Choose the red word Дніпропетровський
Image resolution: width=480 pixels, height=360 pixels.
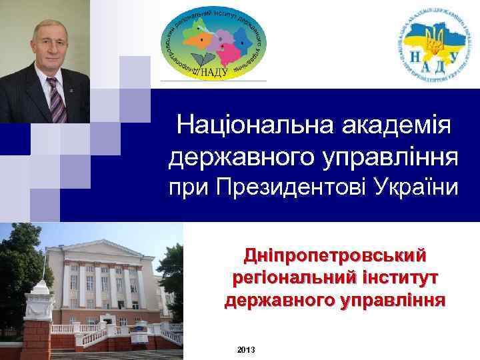coord(335,255)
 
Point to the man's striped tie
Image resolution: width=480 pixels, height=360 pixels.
coord(56,99)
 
